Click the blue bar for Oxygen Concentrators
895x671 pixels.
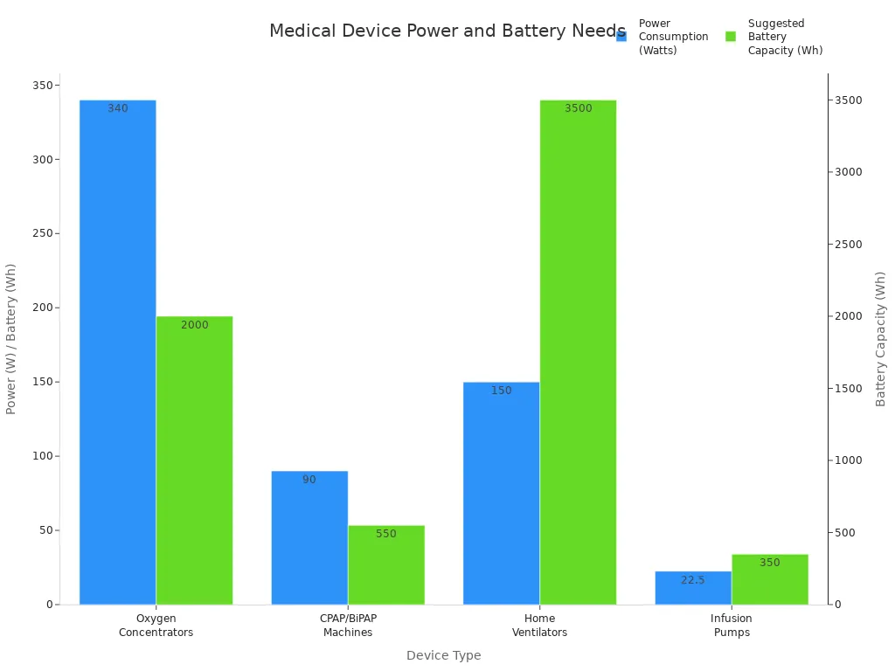tap(118, 349)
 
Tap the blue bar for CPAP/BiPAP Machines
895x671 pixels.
tap(309, 537)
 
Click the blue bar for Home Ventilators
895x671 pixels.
tap(501, 493)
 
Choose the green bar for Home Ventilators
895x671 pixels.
tap(578, 349)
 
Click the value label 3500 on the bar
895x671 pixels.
tap(578, 108)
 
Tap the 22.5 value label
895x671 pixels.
tap(693, 580)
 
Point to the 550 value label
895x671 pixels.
tap(386, 534)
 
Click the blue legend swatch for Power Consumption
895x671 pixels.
tap(621, 37)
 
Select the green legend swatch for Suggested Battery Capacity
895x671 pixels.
tap(731, 37)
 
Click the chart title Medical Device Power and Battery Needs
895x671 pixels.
tap(447, 31)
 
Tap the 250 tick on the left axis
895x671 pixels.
tap(41, 233)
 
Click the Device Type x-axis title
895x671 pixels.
tap(443, 655)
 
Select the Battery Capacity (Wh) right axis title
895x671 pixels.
tap(881, 339)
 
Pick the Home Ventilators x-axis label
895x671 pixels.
tap(539, 626)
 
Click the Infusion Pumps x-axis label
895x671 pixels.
tap(732, 626)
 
